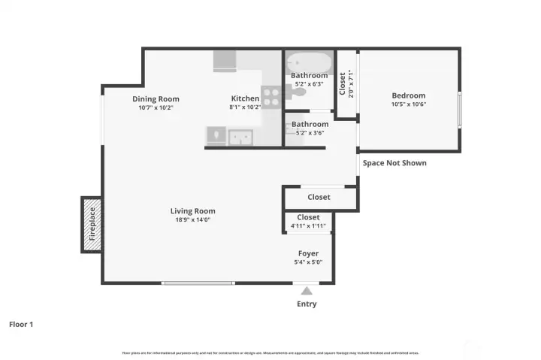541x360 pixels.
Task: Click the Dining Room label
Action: coord(156,98)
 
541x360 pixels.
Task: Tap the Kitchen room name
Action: coord(244,98)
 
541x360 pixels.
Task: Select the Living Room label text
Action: coord(192,211)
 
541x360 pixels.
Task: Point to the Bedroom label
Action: coord(408,95)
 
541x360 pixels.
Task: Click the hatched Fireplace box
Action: coord(92,224)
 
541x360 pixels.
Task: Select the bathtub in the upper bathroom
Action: coord(309,61)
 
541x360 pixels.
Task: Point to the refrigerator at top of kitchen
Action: coord(225,61)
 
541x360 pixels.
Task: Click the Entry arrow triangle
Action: coord(306,290)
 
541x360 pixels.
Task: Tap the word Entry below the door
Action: coord(306,304)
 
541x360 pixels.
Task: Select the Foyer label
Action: coord(308,254)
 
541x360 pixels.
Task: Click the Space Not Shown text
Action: coord(394,163)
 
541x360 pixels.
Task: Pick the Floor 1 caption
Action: coord(21,325)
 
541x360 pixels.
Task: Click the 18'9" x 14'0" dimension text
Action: coord(192,220)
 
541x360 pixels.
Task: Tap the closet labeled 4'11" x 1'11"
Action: coord(308,221)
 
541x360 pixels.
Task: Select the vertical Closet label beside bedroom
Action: coord(343,83)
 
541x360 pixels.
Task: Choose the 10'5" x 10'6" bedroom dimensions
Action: coord(408,104)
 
